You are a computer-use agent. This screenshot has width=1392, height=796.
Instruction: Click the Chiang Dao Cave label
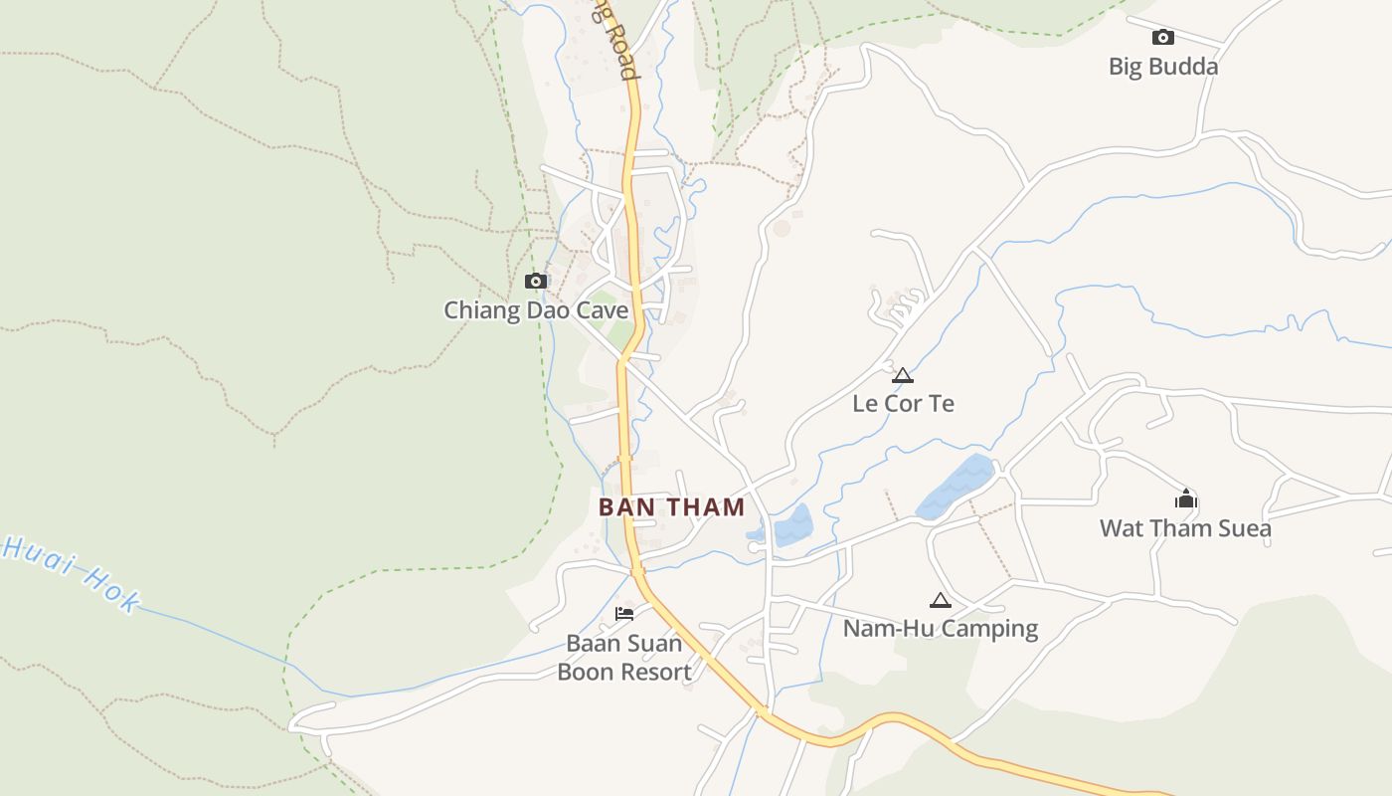coord(536,310)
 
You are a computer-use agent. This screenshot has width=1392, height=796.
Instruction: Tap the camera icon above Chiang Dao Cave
coord(536,282)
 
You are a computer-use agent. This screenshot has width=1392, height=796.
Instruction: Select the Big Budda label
coord(1162,67)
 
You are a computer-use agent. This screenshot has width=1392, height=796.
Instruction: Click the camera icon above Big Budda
coord(1162,38)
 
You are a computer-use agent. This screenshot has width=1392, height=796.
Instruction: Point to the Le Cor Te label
coord(903,403)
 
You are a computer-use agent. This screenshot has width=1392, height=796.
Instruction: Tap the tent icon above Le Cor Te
coord(902,375)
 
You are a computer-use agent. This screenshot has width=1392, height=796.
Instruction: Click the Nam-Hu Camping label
coord(940,629)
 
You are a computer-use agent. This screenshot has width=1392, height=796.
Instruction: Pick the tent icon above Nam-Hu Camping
coord(940,600)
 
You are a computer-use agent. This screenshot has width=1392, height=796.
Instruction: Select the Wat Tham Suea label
coord(1185,528)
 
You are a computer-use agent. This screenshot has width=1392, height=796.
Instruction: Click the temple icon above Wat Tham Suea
coord(1185,498)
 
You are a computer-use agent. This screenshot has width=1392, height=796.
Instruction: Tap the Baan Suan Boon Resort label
coord(623,658)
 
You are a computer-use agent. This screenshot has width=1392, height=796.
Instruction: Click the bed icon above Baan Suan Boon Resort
coord(624,613)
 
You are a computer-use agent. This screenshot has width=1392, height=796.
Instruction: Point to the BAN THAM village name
coord(671,507)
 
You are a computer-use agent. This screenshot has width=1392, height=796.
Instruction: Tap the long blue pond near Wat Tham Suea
coord(955,486)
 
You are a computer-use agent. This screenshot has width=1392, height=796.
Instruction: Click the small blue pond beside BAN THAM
coord(791,524)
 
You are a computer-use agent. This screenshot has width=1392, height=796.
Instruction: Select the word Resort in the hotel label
coord(652,672)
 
